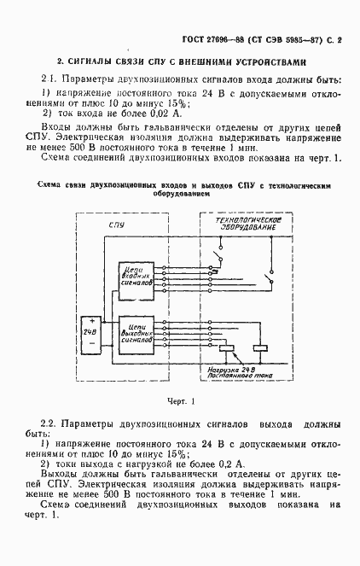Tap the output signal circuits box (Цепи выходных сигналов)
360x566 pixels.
point(136,330)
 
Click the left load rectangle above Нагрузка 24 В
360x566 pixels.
point(227,350)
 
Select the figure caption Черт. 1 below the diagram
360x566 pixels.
point(181,400)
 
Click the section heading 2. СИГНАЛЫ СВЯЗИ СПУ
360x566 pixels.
point(180,61)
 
